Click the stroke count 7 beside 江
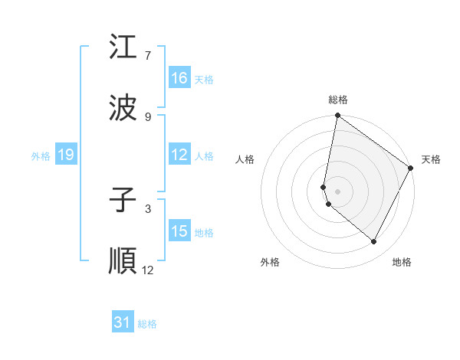(148, 56)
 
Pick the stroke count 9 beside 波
(148, 117)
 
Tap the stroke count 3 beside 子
(148, 208)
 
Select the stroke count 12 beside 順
(148, 270)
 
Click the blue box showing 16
(179, 78)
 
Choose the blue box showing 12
(179, 155)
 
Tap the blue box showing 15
(179, 231)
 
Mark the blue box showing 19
(65, 155)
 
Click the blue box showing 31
(123, 323)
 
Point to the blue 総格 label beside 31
(147, 324)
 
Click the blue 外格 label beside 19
(41, 155)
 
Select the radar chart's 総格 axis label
(337, 100)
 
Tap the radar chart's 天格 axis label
(431, 159)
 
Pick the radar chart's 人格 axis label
(245, 159)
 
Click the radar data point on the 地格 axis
(374, 242)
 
